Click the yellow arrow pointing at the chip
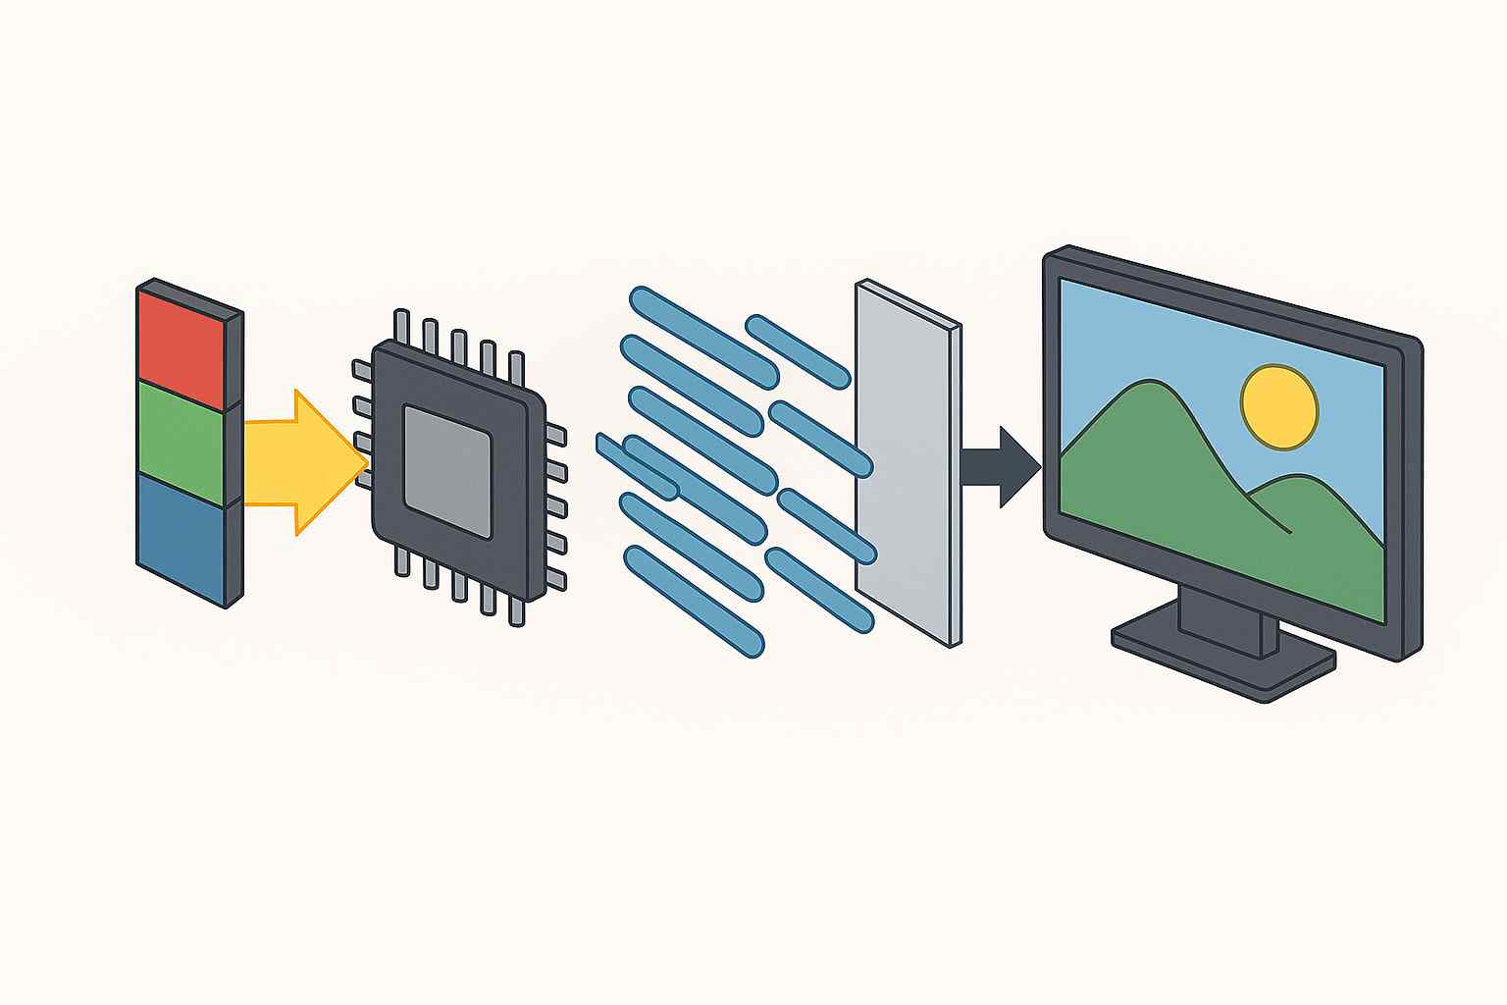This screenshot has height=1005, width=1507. tap(294, 461)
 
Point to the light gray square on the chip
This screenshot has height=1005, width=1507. tap(447, 472)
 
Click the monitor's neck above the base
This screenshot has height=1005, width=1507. tap(1221, 613)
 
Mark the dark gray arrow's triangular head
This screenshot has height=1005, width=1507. tap(1020, 467)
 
